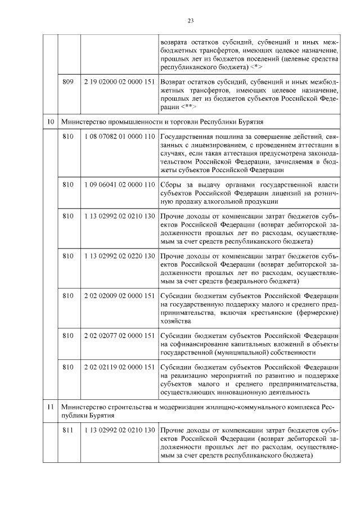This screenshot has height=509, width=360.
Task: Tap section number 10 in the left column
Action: pos(50,120)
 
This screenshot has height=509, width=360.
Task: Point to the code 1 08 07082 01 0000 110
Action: pos(119,137)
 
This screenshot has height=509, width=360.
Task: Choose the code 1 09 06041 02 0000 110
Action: pos(119,184)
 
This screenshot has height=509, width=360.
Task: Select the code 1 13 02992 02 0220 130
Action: pos(119,256)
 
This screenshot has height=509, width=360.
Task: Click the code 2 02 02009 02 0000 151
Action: pos(119,296)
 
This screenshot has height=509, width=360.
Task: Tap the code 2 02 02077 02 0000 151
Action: pos(119,336)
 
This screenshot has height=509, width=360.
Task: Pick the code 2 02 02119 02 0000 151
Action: pos(119,367)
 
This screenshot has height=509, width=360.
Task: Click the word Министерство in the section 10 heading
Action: pos(83,120)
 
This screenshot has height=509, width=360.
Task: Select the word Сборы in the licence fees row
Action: pos(170,184)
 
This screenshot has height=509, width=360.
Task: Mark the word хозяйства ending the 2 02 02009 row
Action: pos(175,321)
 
